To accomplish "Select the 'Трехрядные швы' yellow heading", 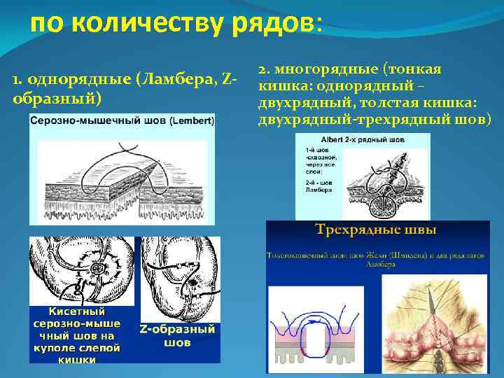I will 377,230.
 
